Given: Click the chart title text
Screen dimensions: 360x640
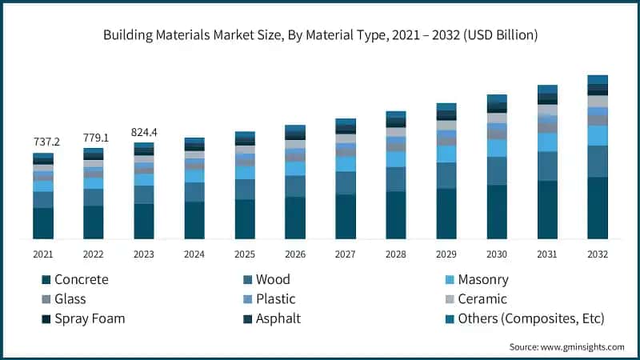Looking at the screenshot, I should pos(320,35).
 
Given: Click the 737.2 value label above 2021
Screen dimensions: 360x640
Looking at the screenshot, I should pos(46,142).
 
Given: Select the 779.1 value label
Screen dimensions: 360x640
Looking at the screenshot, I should pos(97,138).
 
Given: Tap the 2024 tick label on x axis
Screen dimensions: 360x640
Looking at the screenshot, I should pos(194,254).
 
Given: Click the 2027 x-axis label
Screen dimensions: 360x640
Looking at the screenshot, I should pos(346,254).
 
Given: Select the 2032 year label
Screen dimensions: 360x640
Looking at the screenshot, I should pos(598,254).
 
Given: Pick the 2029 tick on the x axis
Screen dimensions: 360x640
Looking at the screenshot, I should pos(446,254).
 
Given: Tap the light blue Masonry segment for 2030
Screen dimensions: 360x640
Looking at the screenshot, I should pos(497,148).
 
